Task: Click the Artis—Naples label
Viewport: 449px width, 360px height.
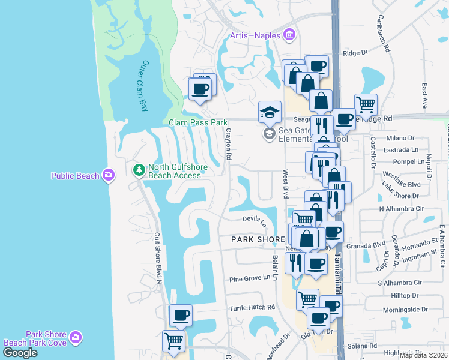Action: (x=255, y=35)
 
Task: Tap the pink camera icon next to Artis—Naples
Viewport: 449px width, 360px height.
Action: (x=289, y=34)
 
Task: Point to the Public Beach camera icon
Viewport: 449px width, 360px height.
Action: (x=109, y=175)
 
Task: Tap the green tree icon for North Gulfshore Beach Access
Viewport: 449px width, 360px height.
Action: (x=139, y=171)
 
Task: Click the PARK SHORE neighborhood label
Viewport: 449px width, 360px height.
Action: (x=258, y=239)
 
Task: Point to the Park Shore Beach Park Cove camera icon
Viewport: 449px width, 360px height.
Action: (x=76, y=338)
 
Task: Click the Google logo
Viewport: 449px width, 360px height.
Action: (x=20, y=352)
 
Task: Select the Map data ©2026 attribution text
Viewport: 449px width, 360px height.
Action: (x=423, y=355)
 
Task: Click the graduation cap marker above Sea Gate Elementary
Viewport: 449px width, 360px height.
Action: (x=270, y=111)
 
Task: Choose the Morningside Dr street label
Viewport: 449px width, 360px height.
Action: (x=408, y=310)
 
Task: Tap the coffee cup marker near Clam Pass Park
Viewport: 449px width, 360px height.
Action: (x=200, y=89)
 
